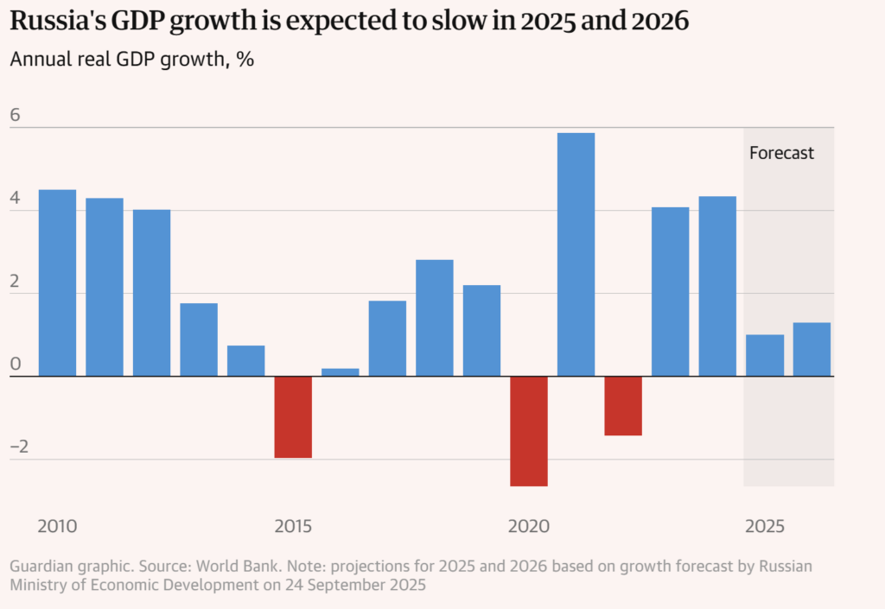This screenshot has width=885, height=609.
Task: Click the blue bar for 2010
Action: click(57, 282)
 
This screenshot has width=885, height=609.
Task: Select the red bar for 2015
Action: click(293, 416)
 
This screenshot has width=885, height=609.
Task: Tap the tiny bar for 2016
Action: click(341, 372)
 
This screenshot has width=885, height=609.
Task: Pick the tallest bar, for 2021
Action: click(576, 254)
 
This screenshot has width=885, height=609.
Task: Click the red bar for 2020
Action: click(529, 431)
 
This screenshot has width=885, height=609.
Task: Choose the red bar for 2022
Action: click(623, 406)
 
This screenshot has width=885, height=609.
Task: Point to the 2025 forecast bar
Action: click(765, 355)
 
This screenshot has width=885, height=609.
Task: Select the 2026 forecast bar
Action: click(812, 349)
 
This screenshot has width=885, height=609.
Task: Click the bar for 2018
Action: click(435, 318)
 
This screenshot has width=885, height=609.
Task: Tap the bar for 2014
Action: click(246, 360)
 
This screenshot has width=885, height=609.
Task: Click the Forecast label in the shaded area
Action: click(781, 153)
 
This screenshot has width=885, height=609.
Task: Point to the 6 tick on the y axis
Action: click(15, 116)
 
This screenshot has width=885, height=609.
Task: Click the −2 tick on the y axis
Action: click(19, 447)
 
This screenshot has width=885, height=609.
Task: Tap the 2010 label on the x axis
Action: click(57, 526)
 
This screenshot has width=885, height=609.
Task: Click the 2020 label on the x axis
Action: click(529, 526)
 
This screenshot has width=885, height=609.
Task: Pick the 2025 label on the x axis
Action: click(765, 526)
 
